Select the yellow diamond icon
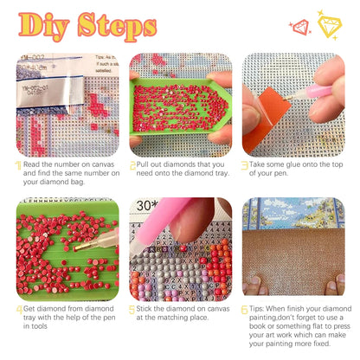coord(329,24)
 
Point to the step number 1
coord(18,164)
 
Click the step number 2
coord(132,164)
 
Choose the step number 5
coord(132,308)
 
